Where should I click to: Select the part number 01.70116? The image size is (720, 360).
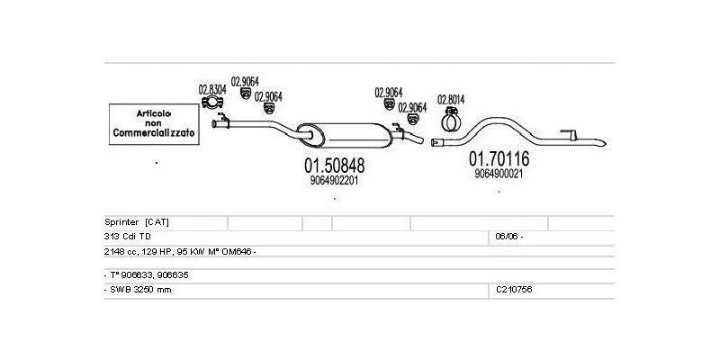click(499, 159)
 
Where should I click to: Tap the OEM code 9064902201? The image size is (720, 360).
click(334, 180)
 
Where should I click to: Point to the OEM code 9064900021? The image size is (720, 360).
click(499, 174)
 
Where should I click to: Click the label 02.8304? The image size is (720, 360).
click(211, 89)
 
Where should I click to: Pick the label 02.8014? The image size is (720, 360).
click(451, 99)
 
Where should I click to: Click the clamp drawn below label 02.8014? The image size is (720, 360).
click(450, 121)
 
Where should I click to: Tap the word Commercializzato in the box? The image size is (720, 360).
click(153, 133)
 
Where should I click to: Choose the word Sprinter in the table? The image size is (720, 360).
click(122, 221)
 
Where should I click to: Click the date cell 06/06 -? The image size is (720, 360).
click(508, 236)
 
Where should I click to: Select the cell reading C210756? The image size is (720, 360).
click(514, 290)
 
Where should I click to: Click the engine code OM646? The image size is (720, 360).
click(240, 251)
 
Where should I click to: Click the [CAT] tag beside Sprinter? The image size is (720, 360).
click(157, 221)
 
